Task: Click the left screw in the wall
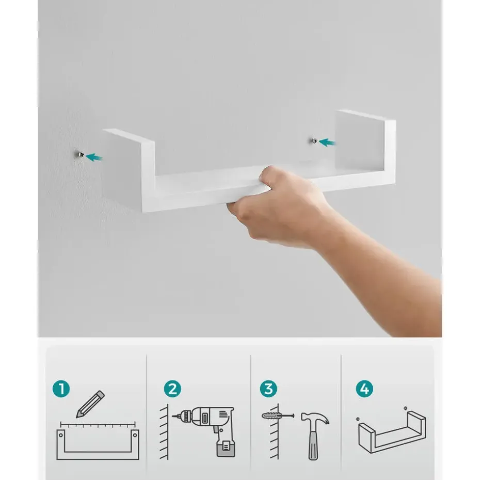pos(81,155)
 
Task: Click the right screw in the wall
pos(314,141)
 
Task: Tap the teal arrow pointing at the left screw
pos(94,157)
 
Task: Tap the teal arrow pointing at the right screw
pos(327,142)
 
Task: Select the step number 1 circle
pos(61,389)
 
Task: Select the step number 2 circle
pos(172,389)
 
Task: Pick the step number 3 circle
pos(268,389)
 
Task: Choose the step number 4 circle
pos(364,389)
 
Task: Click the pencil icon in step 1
pos(90,404)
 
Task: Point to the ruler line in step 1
pos(98,424)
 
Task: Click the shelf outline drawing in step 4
pos(392,432)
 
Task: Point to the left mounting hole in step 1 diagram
pos(61,435)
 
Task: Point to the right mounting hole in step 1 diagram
pos(135,435)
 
